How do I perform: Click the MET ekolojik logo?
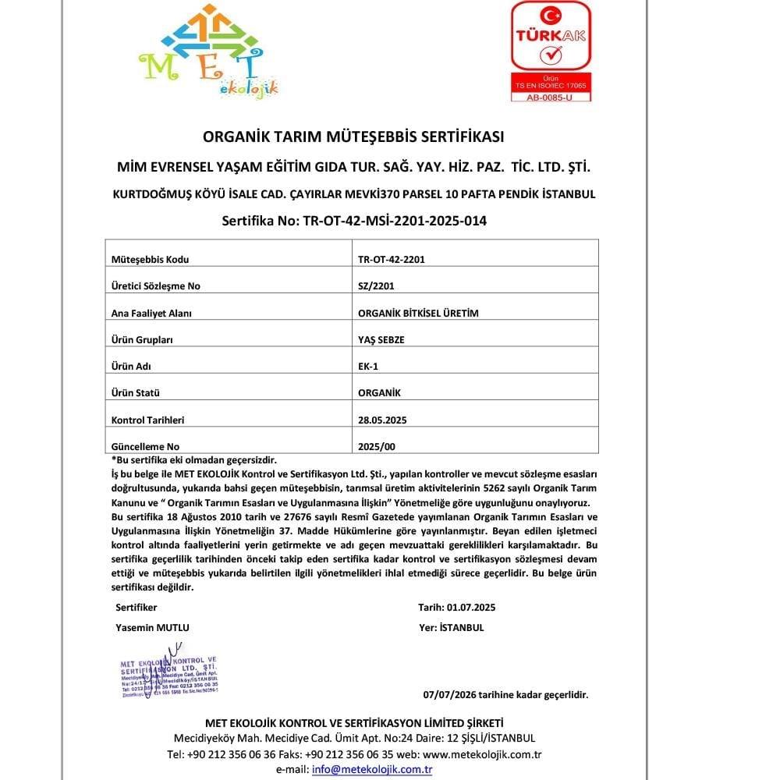coord(209,53)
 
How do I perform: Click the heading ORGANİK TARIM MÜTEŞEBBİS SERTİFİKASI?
coord(353,136)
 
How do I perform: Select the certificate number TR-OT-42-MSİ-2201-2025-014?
coord(392,221)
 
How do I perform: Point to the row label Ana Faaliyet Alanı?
coord(151,313)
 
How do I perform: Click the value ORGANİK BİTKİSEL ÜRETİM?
coord(417,313)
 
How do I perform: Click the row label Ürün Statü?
coord(139,393)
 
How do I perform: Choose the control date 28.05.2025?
coord(381,420)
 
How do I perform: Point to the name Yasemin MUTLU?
coord(152,627)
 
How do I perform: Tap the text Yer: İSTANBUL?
coord(451,627)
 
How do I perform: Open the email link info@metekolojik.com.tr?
coord(372,769)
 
